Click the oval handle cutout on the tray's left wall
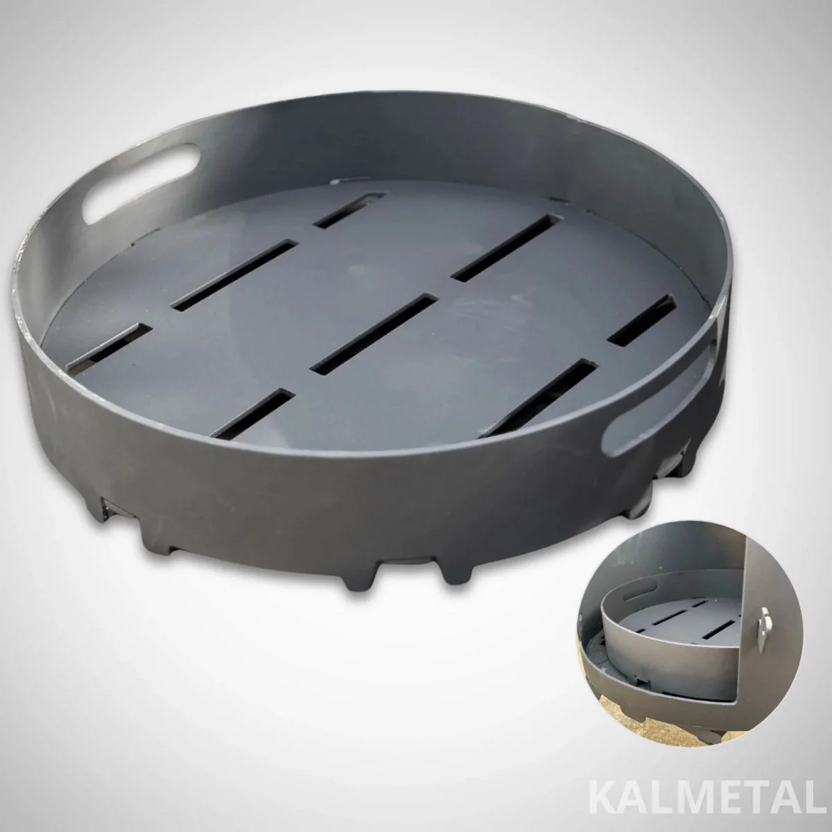140,182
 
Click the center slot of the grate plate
375,333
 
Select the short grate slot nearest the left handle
349,210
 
